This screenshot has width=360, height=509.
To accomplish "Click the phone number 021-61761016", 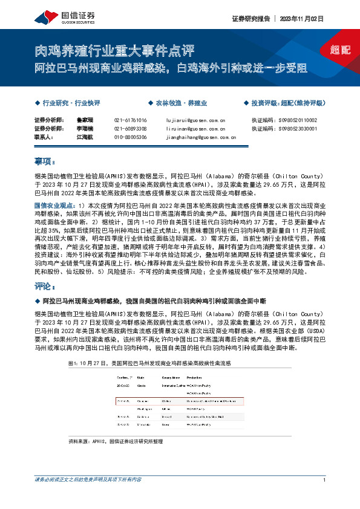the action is point(130,120).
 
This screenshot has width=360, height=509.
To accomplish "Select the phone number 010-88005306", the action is point(130,137).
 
